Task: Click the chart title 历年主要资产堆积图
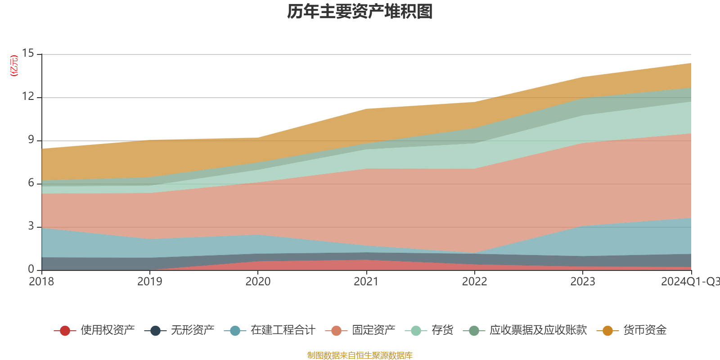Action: click(360, 12)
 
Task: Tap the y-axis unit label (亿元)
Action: click(14, 66)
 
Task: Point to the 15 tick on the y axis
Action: click(28, 54)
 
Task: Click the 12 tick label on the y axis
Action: click(28, 96)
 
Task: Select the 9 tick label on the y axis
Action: click(31, 139)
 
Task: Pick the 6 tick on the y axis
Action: click(31, 183)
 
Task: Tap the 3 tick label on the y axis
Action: click(31, 226)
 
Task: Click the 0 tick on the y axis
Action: click(31, 269)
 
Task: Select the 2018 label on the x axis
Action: click(41, 282)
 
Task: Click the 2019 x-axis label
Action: click(149, 282)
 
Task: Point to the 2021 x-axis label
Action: click(366, 282)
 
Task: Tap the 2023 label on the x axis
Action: click(583, 282)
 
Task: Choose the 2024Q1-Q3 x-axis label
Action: click(690, 282)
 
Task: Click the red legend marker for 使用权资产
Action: click(65, 331)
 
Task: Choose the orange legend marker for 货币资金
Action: click(607, 331)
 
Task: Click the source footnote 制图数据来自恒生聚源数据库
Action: click(360, 355)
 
